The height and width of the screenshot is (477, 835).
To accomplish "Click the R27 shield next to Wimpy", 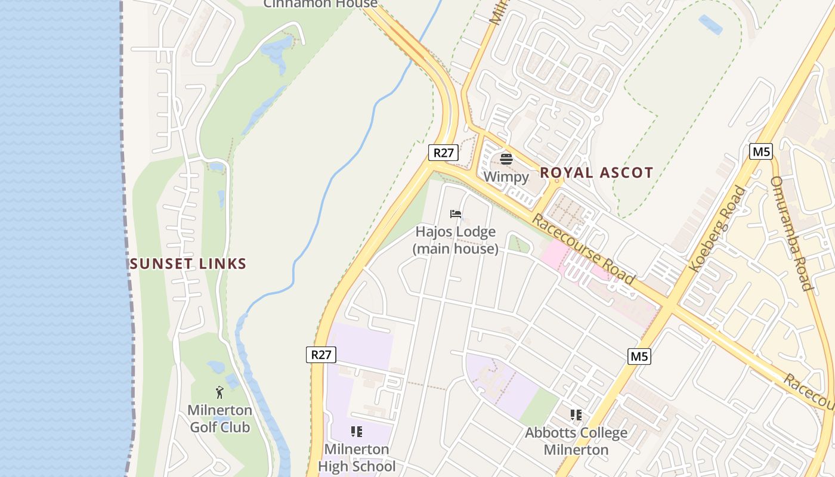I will pyautogui.click(x=443, y=153).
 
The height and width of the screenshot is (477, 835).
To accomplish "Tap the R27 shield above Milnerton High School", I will pyautogui.click(x=321, y=355).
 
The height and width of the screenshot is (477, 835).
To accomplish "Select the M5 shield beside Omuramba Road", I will pyautogui.click(x=761, y=151).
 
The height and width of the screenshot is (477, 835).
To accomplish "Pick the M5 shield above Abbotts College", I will pyautogui.click(x=639, y=357).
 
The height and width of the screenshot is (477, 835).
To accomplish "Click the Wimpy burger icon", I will pyautogui.click(x=506, y=159).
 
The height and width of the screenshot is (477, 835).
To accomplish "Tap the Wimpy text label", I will pyautogui.click(x=506, y=176).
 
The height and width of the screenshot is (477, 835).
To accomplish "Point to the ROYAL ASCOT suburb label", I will pyautogui.click(x=596, y=173).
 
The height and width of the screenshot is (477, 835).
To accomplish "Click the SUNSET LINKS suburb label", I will pyautogui.click(x=188, y=264).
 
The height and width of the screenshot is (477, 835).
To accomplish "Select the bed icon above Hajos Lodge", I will pyautogui.click(x=456, y=214).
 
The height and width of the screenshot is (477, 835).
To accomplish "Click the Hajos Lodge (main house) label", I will pyautogui.click(x=456, y=240).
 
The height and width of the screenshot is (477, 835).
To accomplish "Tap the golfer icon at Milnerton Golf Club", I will pyautogui.click(x=219, y=392).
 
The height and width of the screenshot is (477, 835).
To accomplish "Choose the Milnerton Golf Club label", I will pyautogui.click(x=219, y=419).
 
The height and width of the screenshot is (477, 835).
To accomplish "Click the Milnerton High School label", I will pyautogui.click(x=357, y=457).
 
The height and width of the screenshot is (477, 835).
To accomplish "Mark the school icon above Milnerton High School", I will pyautogui.click(x=357, y=432).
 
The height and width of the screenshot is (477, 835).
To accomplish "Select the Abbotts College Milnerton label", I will pyautogui.click(x=576, y=441).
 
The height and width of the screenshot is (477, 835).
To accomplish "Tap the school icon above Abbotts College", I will pyautogui.click(x=576, y=414).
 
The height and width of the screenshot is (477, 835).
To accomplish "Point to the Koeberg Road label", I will pyautogui.click(x=718, y=230).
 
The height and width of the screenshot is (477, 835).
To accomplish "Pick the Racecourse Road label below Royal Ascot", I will pyautogui.click(x=583, y=249).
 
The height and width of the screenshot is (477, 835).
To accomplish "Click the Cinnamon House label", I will pyautogui.click(x=320, y=4).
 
